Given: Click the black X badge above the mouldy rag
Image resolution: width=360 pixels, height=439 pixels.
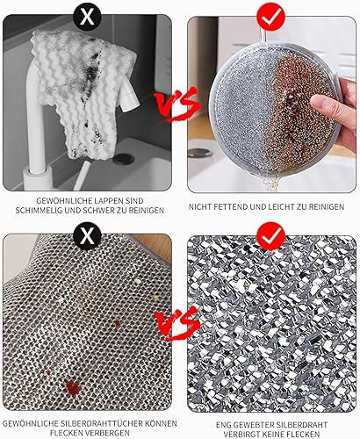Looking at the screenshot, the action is coord(87,18).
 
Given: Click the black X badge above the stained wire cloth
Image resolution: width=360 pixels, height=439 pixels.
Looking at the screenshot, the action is coord(87,235).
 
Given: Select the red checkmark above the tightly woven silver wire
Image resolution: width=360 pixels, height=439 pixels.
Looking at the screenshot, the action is coord(270,236).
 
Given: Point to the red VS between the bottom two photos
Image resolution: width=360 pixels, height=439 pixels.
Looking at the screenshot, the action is coord(177,324).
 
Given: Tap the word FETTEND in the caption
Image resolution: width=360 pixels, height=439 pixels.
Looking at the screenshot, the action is coord(231,207).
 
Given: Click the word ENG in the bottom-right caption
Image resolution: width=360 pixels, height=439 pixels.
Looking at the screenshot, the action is coord(222,425).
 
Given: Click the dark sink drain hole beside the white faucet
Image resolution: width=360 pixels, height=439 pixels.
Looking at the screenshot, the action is coord(124,159).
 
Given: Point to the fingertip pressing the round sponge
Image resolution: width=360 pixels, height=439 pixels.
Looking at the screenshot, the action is coord(316,101).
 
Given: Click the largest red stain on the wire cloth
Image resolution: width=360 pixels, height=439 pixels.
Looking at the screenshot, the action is coord(73,388).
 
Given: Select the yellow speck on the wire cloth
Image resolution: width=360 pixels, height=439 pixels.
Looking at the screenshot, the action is coord(155,298).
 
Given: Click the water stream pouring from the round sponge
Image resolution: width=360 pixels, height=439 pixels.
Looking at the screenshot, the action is coord(271,182).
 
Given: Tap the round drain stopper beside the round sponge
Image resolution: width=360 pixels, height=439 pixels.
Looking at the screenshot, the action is coord(200,153).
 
